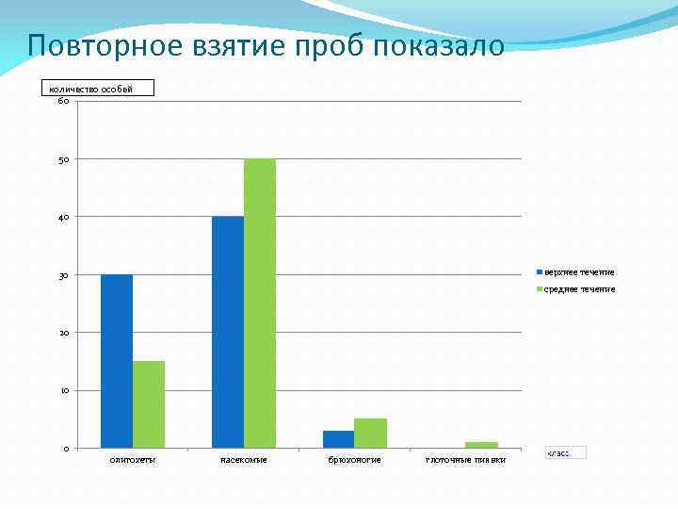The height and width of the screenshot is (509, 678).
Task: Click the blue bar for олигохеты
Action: (x=117, y=361)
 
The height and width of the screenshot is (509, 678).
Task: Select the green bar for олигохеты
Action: (x=149, y=404)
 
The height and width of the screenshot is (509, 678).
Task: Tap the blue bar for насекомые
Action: (x=228, y=332)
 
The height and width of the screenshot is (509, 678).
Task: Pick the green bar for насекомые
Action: (x=260, y=304)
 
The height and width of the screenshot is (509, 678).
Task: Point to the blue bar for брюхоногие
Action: (x=339, y=439)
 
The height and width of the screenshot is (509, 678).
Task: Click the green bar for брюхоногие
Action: (x=371, y=434)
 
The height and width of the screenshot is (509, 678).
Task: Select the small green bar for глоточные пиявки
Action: (x=481, y=445)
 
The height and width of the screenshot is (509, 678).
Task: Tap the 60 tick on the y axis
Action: (x=62, y=101)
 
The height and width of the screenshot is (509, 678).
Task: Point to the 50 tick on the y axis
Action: (x=62, y=159)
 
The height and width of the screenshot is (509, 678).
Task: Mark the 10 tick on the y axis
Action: (x=62, y=390)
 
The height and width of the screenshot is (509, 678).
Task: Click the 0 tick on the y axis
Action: (x=65, y=449)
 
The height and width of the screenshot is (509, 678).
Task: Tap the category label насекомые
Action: (x=244, y=460)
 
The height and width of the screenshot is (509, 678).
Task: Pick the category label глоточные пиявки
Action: (x=465, y=460)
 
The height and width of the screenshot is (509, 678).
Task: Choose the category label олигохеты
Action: (x=133, y=460)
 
